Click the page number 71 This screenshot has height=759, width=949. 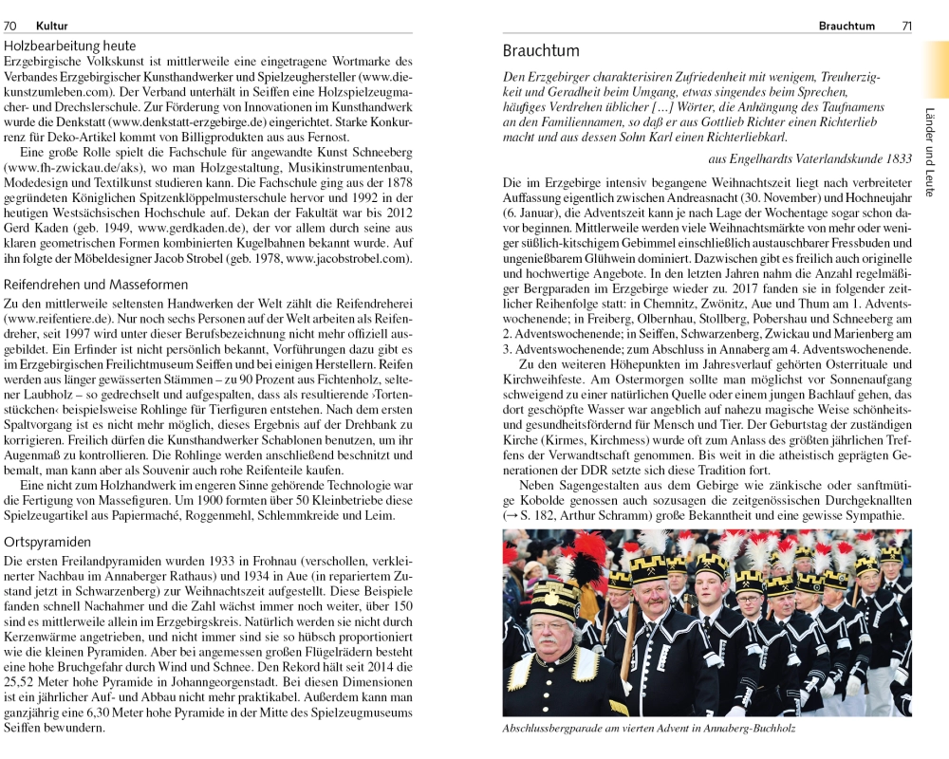[x=906, y=27]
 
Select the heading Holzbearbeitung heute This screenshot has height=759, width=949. [x=69, y=46]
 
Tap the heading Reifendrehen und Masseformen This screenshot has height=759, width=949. [x=96, y=285]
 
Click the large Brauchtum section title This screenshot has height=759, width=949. [x=541, y=50]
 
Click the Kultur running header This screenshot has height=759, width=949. [x=53, y=27]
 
